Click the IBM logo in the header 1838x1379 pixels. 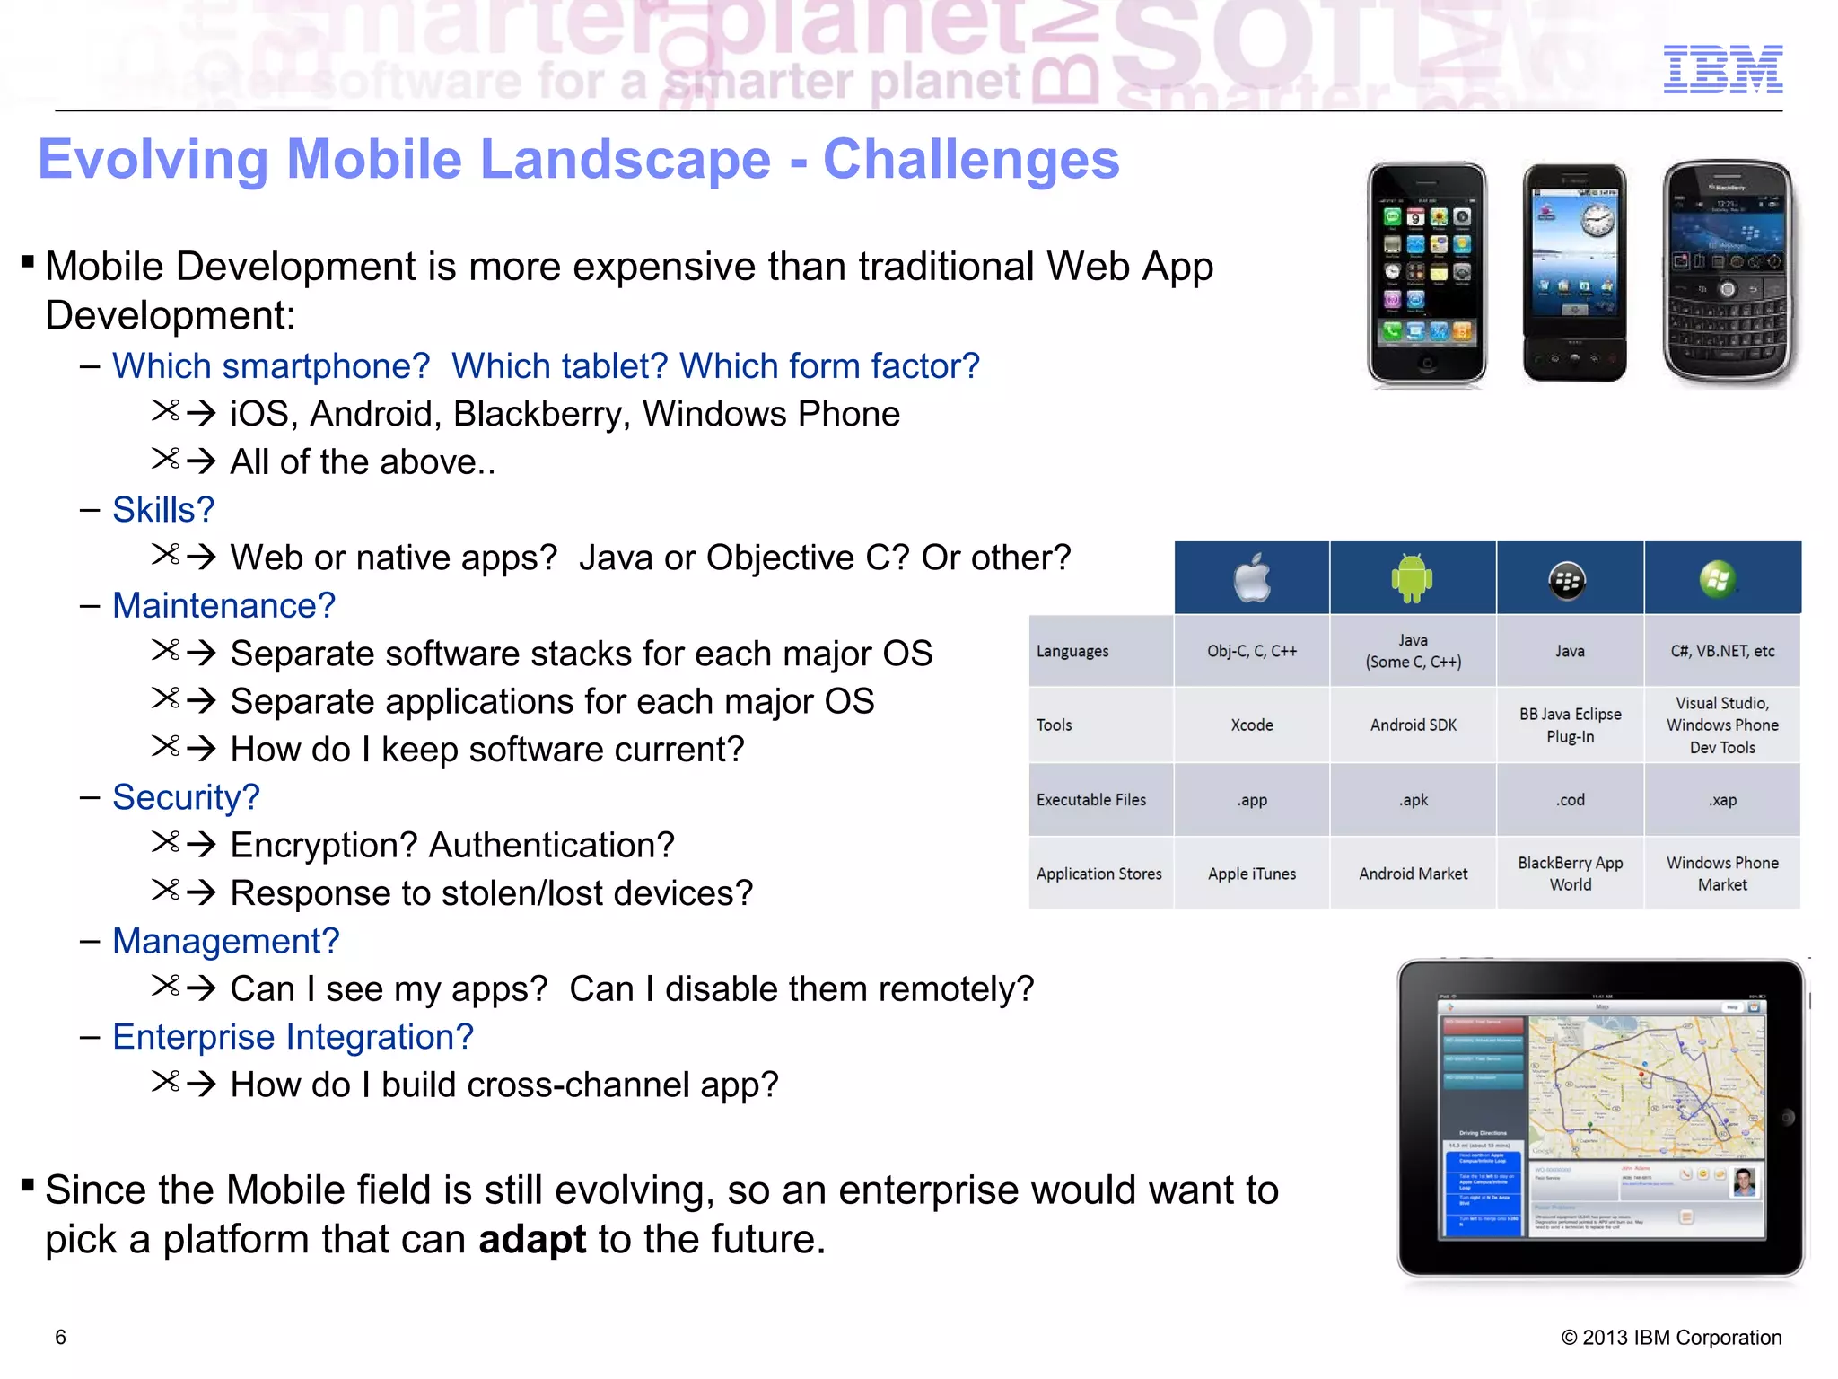1722,69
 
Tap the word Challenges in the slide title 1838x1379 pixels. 971,160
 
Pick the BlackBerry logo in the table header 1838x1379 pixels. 1567,581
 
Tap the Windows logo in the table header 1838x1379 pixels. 1717,579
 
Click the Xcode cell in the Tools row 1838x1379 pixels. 1252,725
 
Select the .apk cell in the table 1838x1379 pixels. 1414,799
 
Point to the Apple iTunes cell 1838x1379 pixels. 1252,874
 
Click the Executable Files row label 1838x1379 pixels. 1091,799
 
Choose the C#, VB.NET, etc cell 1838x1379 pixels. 1721,651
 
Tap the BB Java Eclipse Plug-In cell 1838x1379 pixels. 1570,725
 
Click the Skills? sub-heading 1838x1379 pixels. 163,510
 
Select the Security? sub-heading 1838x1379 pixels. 186,797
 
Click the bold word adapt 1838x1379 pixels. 531,1239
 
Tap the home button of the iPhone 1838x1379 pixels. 1426,364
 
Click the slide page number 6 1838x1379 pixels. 60,1337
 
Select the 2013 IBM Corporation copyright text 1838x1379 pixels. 1671,1337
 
